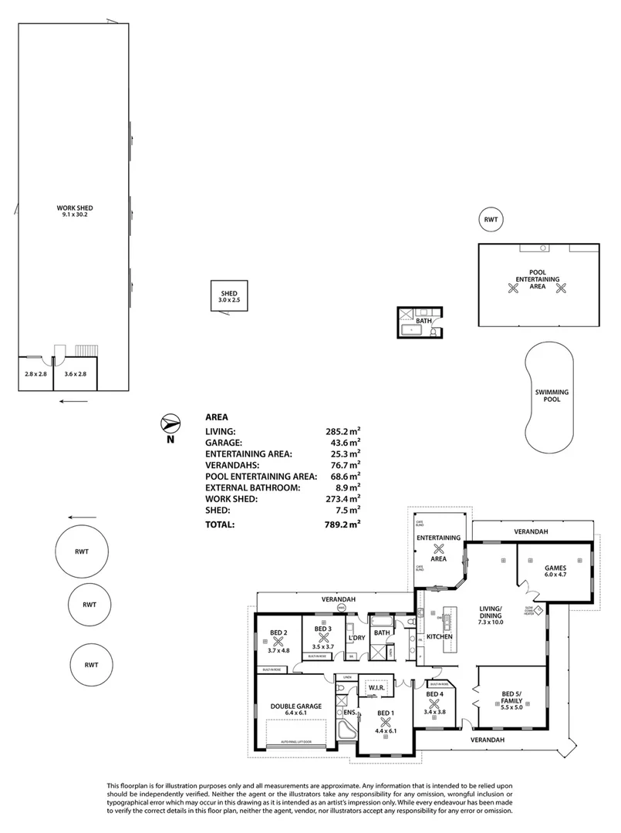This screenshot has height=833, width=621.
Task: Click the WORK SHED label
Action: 74,208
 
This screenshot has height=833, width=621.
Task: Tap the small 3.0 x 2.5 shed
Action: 229,295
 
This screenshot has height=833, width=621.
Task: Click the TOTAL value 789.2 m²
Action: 343,524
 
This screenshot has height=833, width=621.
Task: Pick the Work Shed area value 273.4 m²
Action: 343,499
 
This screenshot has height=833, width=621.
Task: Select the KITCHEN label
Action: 439,636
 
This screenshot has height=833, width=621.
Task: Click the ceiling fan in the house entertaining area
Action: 439,550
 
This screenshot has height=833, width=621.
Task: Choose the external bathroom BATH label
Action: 424,320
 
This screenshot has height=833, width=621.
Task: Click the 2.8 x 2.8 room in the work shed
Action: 36,373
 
